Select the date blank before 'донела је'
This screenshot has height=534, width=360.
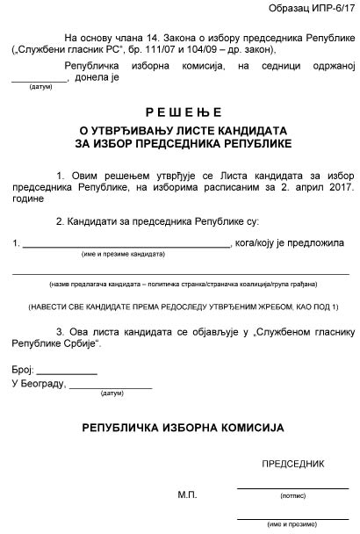pyautogui.click(x=39, y=80)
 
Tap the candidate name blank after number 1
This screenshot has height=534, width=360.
pyautogui.click(x=125, y=244)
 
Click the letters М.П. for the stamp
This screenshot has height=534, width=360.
pyautogui.click(x=187, y=494)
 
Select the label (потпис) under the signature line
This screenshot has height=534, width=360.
pyautogui.click(x=292, y=495)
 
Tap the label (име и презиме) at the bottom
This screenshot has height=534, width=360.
pyautogui.click(x=292, y=523)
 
